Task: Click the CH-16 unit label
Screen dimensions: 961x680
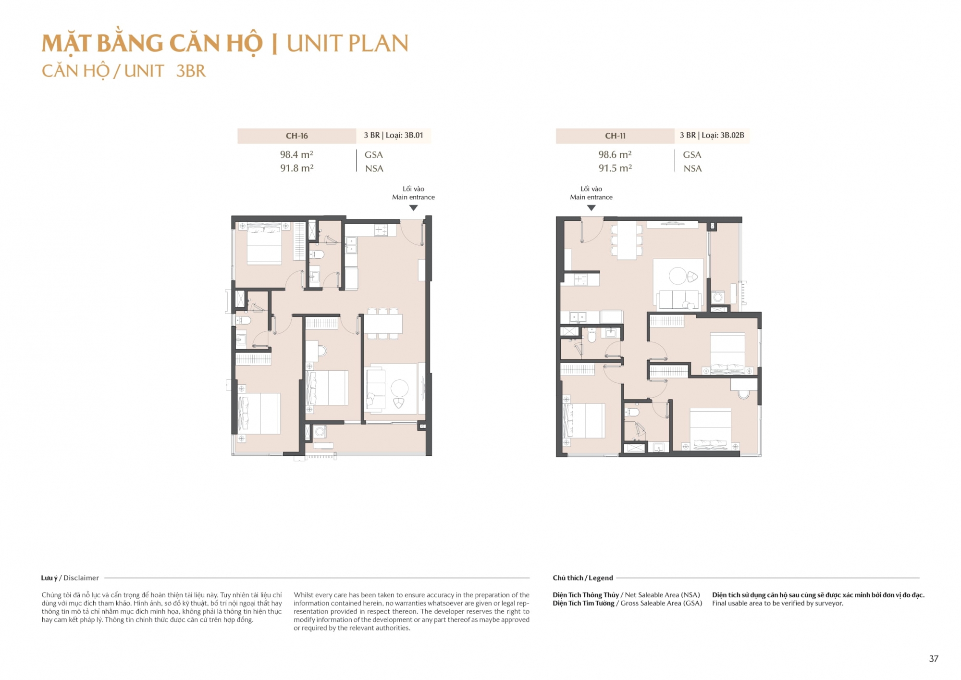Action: [x=296, y=136]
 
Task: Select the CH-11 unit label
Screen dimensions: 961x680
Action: [x=615, y=136]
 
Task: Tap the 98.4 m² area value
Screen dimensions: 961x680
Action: [x=296, y=154]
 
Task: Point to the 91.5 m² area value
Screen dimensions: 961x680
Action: [x=615, y=168]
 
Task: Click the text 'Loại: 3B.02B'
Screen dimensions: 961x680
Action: [x=723, y=135]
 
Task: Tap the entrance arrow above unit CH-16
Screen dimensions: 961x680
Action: [x=413, y=208]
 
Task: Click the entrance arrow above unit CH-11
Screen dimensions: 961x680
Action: [x=591, y=208]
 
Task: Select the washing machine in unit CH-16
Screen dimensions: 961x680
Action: [x=320, y=432]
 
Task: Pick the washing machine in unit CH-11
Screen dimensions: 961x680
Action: [x=718, y=297]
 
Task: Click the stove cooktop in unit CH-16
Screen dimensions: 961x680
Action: [x=382, y=230]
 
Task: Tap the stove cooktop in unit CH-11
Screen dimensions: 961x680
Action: [x=580, y=279]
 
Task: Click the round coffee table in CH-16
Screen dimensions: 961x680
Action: [x=399, y=388]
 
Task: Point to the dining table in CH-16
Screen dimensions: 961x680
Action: [x=383, y=324]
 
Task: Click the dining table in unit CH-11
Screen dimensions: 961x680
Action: [x=627, y=240]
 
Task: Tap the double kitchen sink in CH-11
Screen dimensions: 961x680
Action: [x=578, y=317]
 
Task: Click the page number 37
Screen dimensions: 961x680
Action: [x=934, y=659]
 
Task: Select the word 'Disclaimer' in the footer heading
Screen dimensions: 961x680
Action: [x=81, y=578]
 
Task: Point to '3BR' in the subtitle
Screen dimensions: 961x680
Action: [x=191, y=71]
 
